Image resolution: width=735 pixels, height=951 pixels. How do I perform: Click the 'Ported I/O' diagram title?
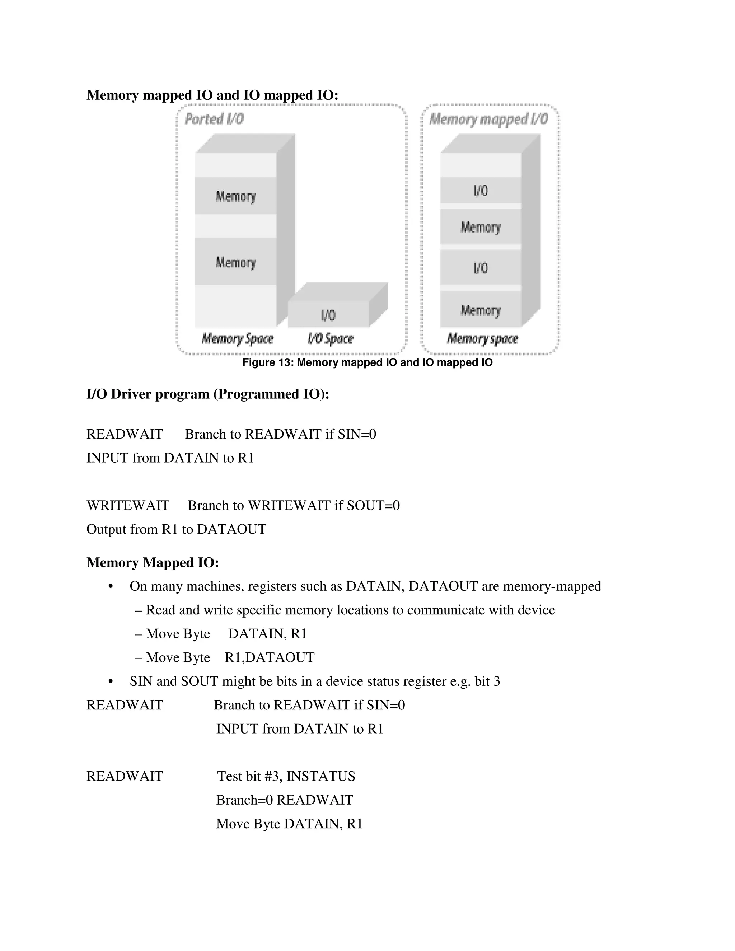[214, 119]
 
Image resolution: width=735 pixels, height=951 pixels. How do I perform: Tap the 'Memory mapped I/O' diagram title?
[488, 119]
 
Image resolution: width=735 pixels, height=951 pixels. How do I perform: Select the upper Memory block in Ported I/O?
[235, 196]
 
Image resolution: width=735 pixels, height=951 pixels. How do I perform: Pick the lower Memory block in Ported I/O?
[235, 262]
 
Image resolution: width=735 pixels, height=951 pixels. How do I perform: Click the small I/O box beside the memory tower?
[328, 314]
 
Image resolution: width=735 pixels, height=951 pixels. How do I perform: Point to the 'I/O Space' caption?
[330, 338]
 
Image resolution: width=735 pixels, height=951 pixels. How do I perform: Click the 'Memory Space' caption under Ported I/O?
[237, 338]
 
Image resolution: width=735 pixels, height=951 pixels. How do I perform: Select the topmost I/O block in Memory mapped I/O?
[481, 190]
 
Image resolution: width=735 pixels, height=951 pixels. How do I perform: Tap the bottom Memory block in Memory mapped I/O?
[481, 310]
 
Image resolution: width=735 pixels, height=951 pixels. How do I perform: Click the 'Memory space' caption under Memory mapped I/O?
[482, 338]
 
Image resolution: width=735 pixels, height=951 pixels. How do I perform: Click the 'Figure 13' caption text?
[367, 362]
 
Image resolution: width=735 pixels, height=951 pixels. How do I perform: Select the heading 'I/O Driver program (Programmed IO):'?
[208, 394]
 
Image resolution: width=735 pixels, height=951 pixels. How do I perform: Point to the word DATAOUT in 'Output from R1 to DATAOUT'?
[231, 529]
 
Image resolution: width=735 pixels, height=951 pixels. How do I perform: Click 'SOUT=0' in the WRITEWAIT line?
[373, 505]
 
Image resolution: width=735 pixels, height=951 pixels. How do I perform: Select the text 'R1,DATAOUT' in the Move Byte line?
[270, 657]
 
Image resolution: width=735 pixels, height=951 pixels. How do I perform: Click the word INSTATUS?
[321, 776]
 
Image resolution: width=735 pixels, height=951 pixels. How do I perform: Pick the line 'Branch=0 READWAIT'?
[285, 800]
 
